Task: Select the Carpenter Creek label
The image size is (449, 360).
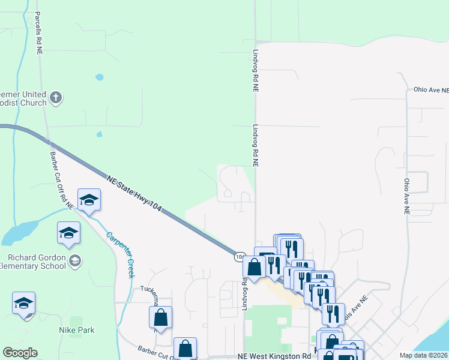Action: coord(119,253)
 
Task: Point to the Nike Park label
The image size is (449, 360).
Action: coord(76,330)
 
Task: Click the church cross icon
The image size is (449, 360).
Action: coord(56,98)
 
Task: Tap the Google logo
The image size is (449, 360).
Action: coord(20,353)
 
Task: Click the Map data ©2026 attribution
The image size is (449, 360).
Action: coord(424,355)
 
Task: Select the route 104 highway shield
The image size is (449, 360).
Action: coord(240,256)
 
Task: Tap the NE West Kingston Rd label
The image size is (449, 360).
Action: coord(278,356)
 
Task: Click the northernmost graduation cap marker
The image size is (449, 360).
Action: coord(89,200)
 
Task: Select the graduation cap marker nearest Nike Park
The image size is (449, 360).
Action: coord(23,303)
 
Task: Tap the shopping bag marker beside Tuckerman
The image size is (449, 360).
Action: coord(160,317)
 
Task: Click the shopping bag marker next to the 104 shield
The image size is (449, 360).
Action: coord(255,267)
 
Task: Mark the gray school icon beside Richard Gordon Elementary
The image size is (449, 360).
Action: coord(75,260)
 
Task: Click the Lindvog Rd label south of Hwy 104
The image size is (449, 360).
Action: coord(246,292)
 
